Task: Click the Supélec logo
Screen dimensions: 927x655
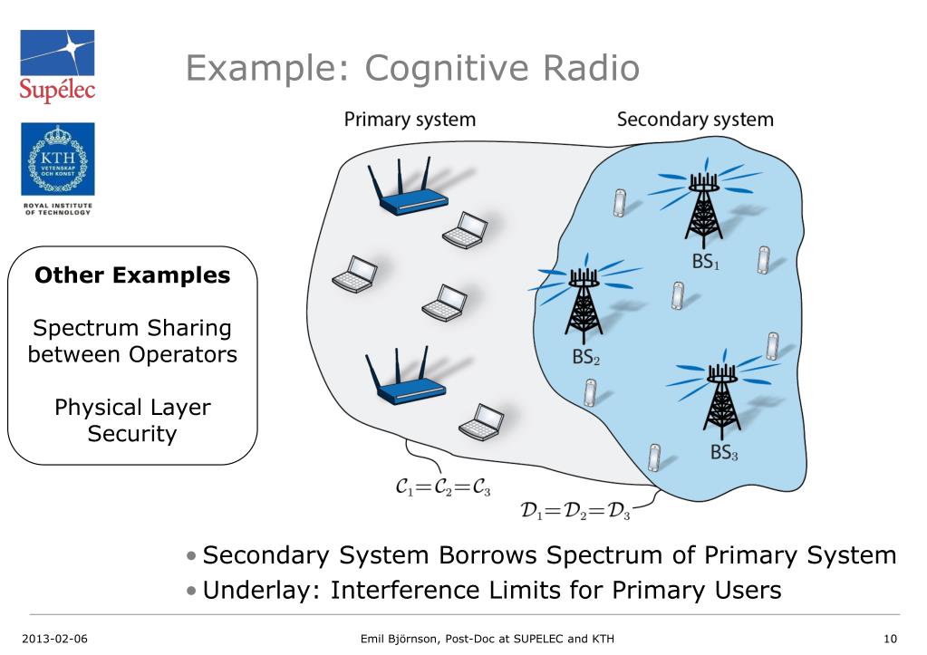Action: click(57, 65)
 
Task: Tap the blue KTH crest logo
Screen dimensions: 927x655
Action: click(58, 159)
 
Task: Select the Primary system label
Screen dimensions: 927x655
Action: click(410, 120)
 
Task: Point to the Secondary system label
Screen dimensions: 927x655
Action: click(695, 120)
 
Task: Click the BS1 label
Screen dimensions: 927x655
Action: click(706, 261)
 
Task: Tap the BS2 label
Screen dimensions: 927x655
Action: click(586, 357)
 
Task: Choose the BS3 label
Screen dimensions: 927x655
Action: click(724, 452)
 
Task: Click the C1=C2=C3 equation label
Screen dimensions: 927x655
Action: click(443, 487)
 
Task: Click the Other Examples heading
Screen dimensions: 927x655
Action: click(132, 275)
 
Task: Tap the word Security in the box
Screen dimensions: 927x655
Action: click(132, 434)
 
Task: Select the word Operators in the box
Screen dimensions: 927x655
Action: click(183, 355)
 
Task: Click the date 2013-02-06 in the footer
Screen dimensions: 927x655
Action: click(54, 639)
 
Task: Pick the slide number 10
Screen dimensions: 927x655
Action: click(890, 639)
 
